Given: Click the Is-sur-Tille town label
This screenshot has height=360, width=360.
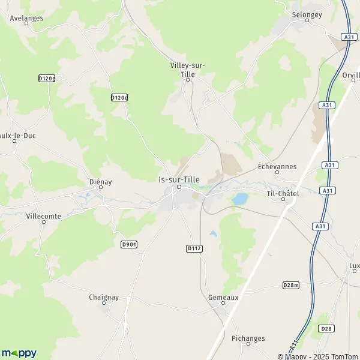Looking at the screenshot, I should tap(179, 179).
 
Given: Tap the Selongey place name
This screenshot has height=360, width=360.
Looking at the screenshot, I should tap(307, 14).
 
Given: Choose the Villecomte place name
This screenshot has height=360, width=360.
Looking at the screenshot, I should tap(44, 215).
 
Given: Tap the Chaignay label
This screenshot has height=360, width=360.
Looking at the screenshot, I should tap(106, 297).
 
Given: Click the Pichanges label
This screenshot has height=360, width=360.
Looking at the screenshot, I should tap(248, 338).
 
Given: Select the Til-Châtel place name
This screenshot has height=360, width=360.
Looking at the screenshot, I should tap(283, 193).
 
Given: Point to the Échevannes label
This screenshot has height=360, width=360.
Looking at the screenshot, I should tap(277, 166).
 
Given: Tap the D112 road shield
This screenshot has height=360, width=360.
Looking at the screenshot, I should tap(193, 248).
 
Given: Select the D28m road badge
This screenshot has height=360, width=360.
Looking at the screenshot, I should tap(290, 285).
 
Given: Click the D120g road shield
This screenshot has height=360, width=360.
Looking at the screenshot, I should tap(46, 79).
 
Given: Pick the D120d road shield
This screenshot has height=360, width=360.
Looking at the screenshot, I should tap(119, 97).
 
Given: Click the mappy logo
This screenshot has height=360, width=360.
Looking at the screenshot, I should tap(19, 353).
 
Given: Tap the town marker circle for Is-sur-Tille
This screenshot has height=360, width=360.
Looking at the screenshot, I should tap(178, 188).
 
